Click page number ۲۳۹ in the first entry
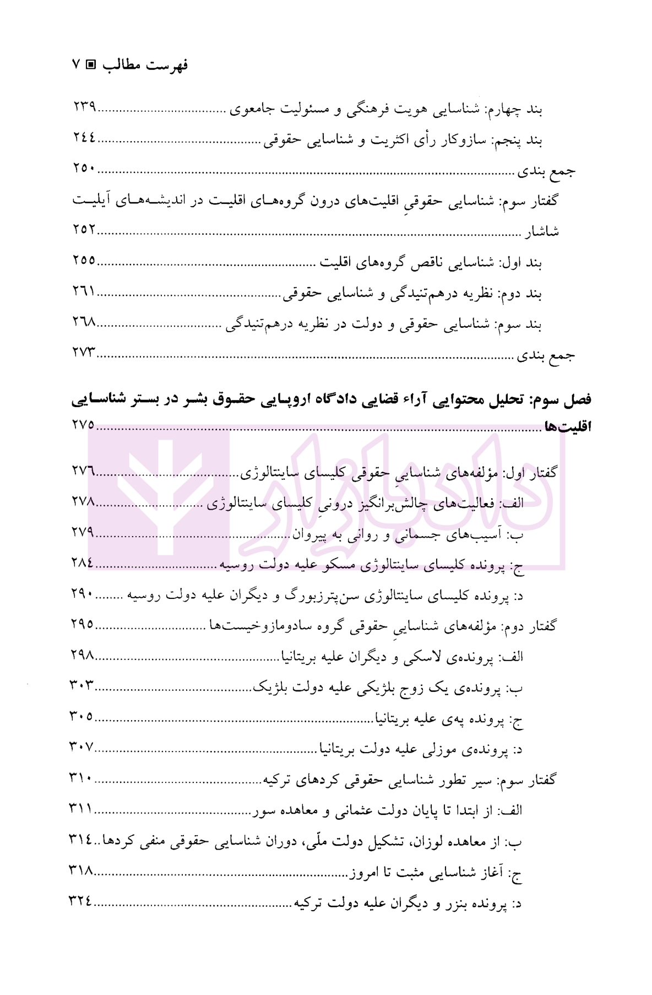85,106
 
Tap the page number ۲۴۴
84,137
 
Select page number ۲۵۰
84,168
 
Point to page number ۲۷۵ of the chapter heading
83,425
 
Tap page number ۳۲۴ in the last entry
80,901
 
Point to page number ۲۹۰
83,594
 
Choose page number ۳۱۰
80,778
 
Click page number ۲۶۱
84,290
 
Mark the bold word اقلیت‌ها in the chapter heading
568,427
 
